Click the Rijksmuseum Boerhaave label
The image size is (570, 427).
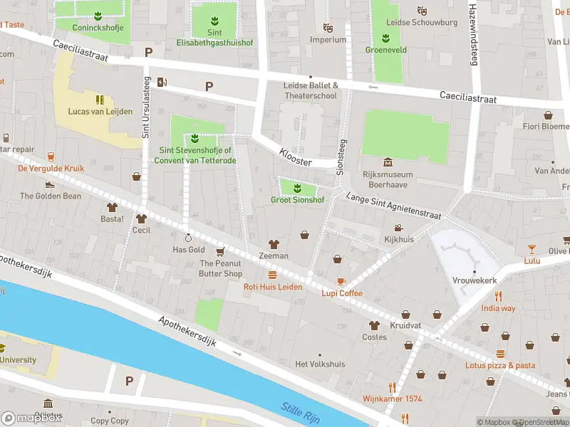(x=388, y=180)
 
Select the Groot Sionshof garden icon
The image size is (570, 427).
(x=297, y=188)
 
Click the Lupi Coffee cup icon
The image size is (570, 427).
(x=341, y=281)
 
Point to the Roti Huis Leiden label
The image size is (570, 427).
(x=273, y=287)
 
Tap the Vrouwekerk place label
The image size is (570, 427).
(x=474, y=280)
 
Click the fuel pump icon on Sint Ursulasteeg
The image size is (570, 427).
(x=162, y=81)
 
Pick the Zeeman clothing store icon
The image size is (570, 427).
(x=274, y=244)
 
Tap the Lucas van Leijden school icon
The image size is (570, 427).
(x=100, y=99)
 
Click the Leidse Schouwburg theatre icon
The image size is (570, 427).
(x=422, y=11)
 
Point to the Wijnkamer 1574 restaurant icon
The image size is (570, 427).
(x=392, y=387)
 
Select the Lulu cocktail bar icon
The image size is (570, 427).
(x=532, y=248)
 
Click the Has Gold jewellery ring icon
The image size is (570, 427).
(x=189, y=238)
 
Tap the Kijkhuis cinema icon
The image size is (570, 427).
(x=399, y=228)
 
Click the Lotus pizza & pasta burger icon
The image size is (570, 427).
(x=500, y=354)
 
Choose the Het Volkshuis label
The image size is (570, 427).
(x=320, y=364)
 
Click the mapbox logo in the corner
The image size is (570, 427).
(x=32, y=418)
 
